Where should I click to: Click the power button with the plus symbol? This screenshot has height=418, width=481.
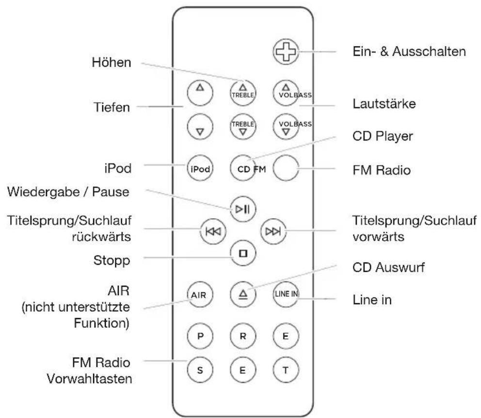click(x=285, y=50)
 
